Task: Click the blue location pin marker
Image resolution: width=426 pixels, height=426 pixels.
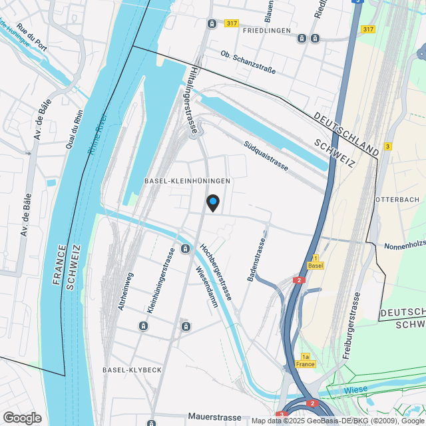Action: point(212,202)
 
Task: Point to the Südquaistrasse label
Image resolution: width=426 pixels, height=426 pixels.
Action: point(266,155)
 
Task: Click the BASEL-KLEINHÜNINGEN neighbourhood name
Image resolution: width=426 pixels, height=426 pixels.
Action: point(187,181)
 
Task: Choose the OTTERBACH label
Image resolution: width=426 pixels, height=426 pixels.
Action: point(397,200)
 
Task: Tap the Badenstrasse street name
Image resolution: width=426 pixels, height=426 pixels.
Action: point(257,260)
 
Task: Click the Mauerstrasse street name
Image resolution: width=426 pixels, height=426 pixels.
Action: point(214,417)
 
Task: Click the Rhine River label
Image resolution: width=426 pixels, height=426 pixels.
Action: point(97,132)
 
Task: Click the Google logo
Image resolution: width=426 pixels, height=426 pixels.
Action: point(21,418)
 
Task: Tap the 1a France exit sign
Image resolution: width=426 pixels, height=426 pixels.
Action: point(306,360)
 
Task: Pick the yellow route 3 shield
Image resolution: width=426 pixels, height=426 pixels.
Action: point(387,146)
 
